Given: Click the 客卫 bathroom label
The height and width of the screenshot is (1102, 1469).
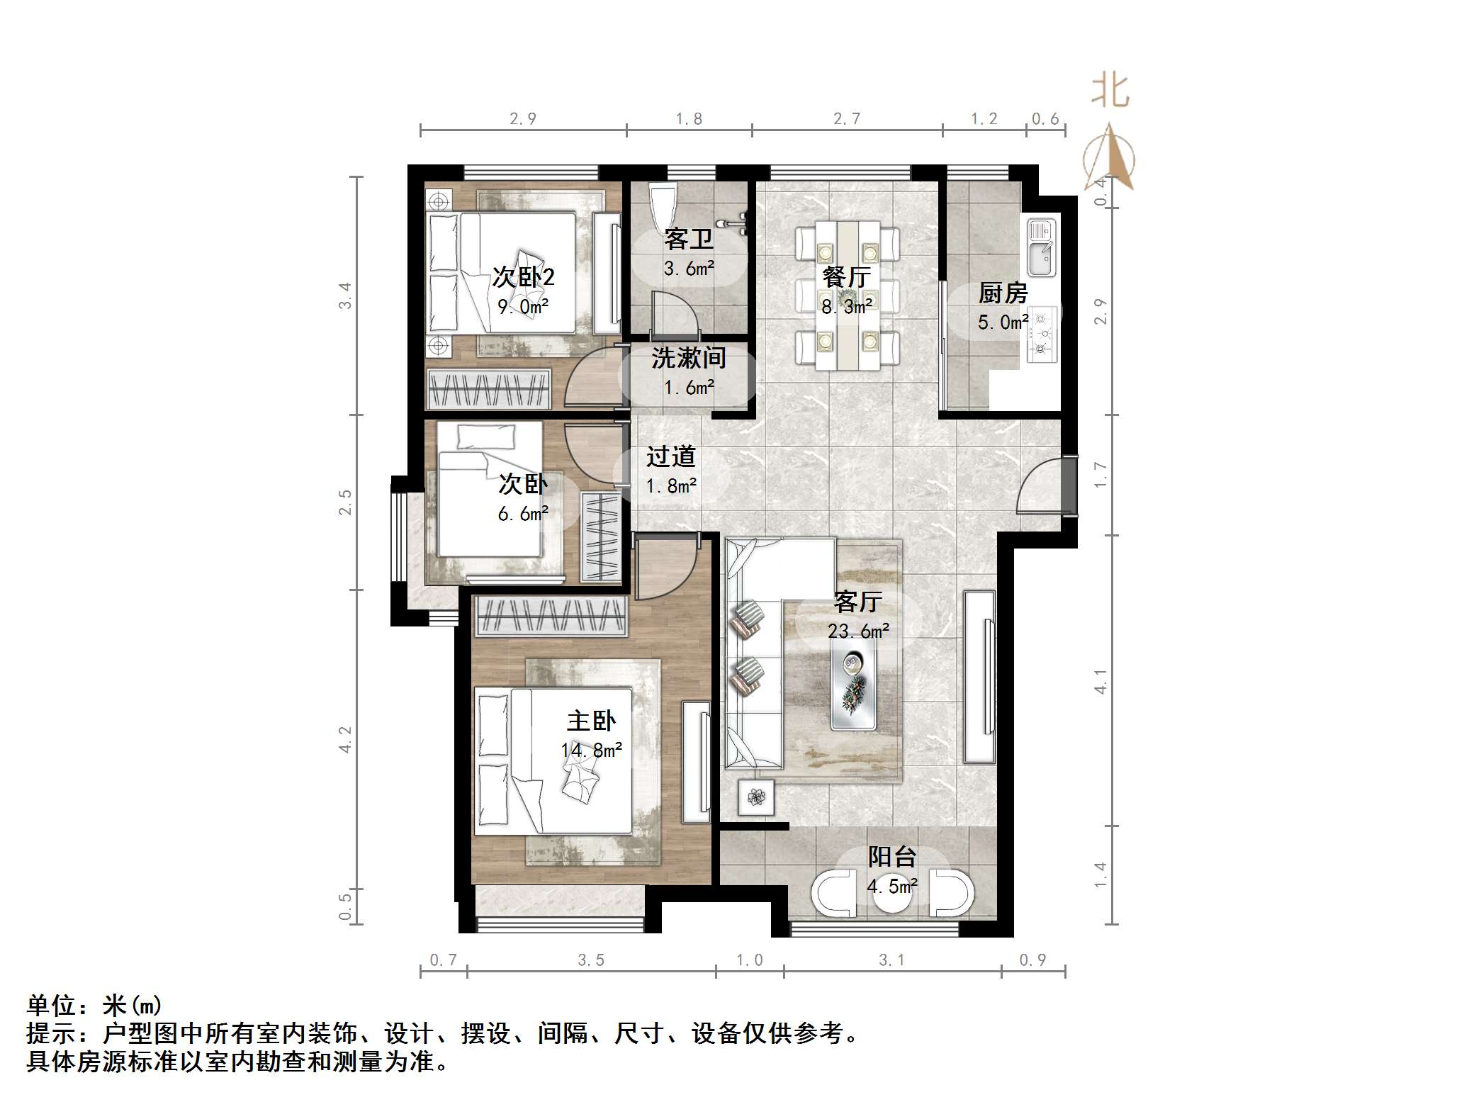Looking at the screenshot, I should coord(688,239).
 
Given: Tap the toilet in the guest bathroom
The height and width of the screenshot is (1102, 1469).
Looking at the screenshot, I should coord(663,206).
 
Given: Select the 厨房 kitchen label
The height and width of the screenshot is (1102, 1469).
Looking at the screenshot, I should coord(1003,292).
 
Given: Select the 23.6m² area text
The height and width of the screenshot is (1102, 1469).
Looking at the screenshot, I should coord(858,631).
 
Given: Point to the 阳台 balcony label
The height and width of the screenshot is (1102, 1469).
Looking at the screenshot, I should coord(892,857).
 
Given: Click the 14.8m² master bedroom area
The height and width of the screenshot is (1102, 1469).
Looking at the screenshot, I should coord(592,750).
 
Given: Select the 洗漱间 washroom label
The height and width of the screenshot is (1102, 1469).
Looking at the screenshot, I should coord(688,358).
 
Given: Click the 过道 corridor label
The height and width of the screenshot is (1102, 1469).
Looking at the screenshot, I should coord(670,456).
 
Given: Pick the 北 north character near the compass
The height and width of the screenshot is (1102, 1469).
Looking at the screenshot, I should coord(1109,92).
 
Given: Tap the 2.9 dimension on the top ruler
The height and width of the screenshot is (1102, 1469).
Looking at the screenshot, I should coord(523,118).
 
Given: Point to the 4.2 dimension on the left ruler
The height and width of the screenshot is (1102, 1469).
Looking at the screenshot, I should coord(345,739).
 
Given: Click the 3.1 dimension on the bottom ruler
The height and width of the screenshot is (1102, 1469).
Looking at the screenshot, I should coord(891,960).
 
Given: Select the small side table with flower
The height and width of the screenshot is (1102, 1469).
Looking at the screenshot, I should coord(756,797).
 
